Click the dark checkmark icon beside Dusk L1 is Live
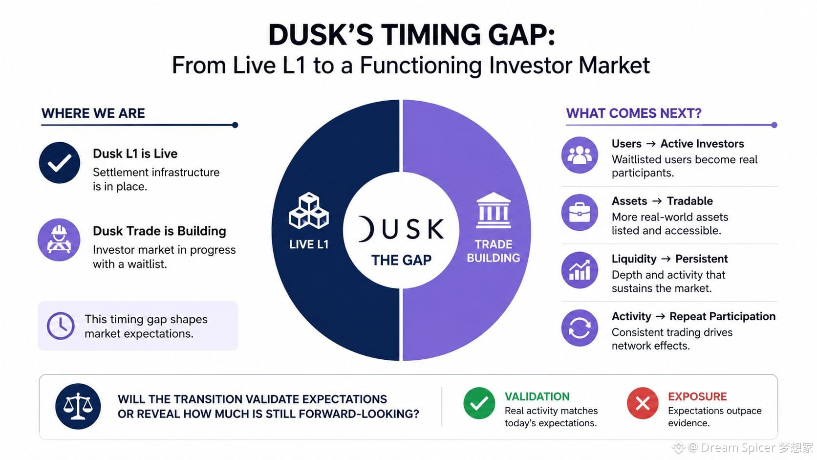click(60, 163)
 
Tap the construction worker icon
click(59, 240)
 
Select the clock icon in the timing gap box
click(61, 326)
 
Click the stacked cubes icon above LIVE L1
click(308, 211)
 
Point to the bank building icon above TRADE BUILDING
click(494, 210)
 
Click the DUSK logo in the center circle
click(401, 229)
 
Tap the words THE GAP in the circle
click(401, 260)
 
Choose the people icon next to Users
click(580, 155)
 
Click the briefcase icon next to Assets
click(580, 212)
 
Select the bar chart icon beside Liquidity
click(580, 270)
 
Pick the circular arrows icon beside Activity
click(580, 328)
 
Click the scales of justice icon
click(78, 406)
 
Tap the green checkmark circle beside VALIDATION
click(479, 403)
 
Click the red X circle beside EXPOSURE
click(643, 403)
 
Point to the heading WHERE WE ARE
click(93, 113)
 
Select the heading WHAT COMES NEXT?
click(634, 113)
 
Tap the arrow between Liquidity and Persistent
click(666, 259)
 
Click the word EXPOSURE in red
click(697, 396)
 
